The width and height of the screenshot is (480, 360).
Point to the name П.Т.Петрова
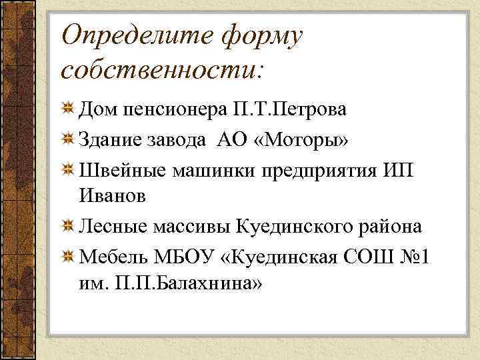point(290,109)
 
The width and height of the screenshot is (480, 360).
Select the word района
point(389,227)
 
